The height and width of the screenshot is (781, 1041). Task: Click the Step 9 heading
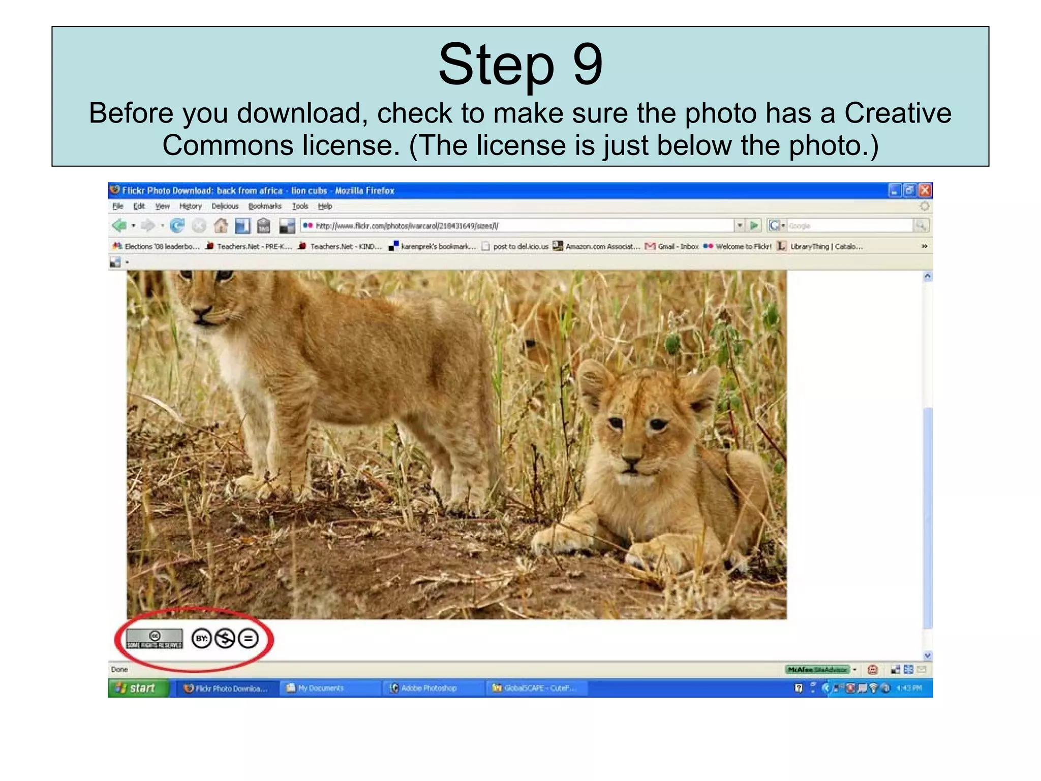(520, 65)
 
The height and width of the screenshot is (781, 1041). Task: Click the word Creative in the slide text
(898, 113)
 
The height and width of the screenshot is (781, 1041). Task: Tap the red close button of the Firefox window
(925, 190)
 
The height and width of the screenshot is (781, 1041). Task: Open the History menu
(191, 206)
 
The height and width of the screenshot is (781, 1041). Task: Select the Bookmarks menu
(264, 206)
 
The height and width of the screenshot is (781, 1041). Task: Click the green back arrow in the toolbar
(120, 225)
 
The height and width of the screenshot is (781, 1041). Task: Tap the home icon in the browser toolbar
(221, 225)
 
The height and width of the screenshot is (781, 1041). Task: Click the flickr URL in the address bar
(407, 226)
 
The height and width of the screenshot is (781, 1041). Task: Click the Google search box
(849, 226)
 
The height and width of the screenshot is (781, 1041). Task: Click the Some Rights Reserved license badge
(155, 639)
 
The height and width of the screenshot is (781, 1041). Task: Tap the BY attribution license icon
(202, 639)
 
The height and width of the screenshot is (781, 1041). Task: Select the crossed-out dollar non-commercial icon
(225, 639)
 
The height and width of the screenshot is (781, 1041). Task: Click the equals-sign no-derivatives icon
(248, 639)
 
